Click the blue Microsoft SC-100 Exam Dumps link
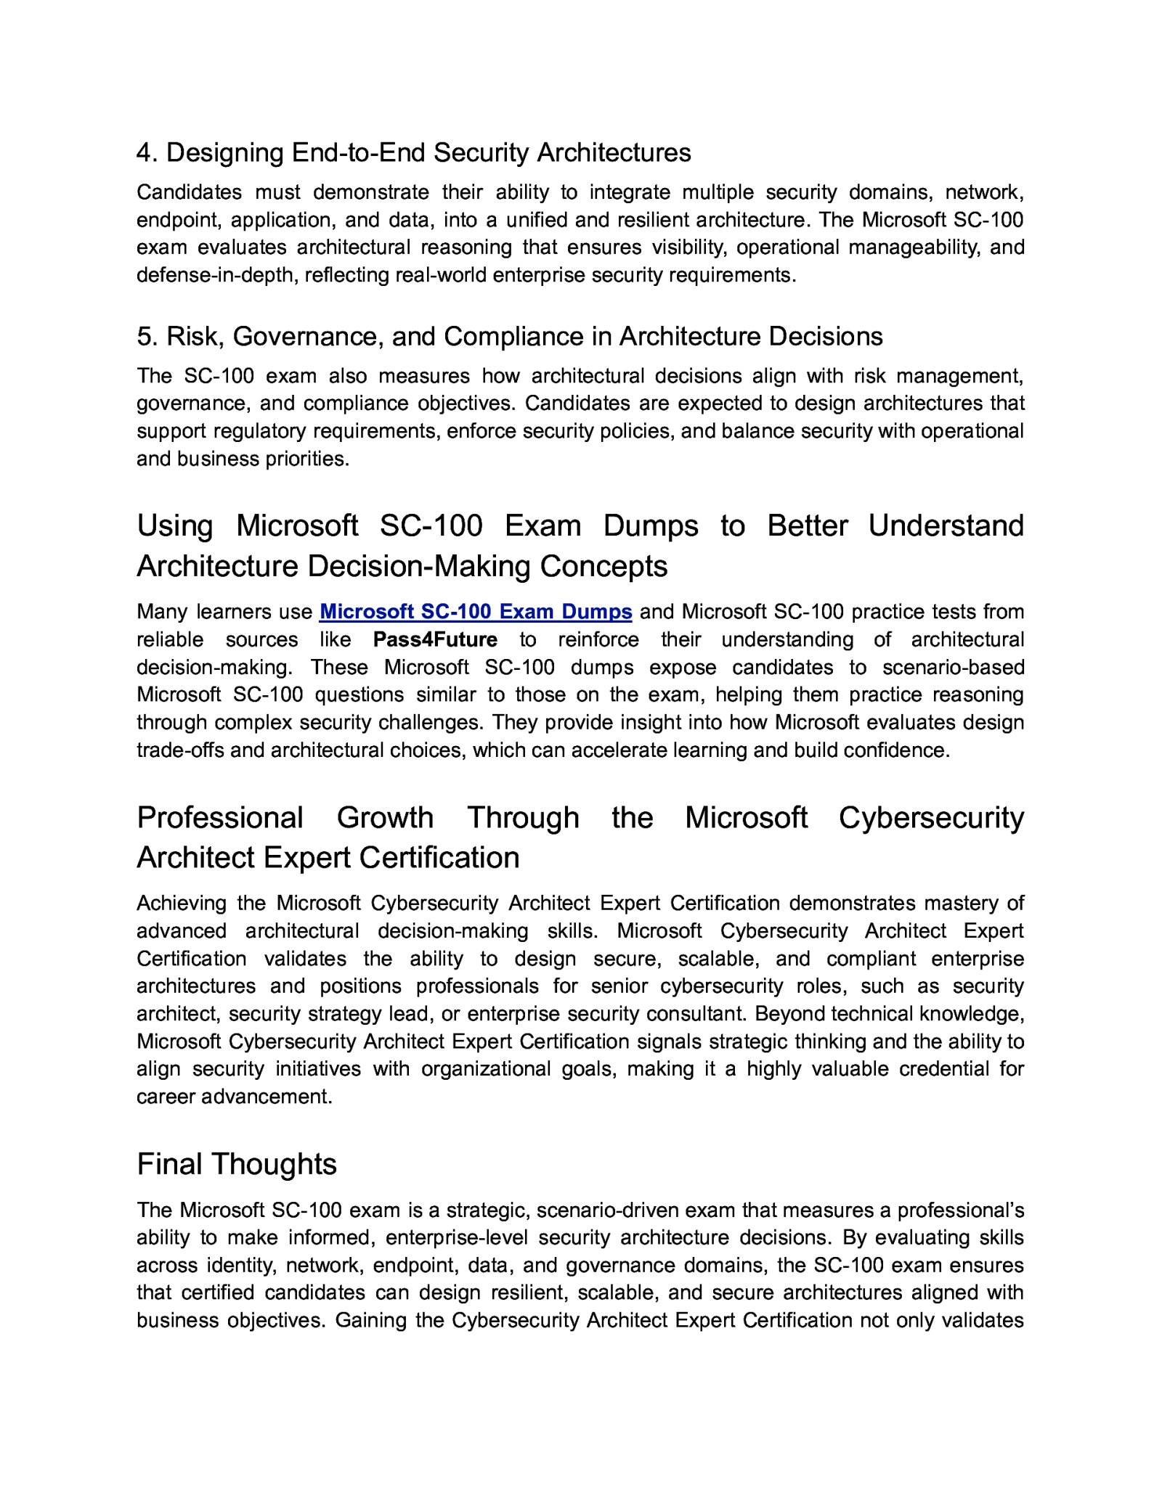tap(476, 612)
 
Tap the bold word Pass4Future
tap(435, 639)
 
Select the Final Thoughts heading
tap(237, 1163)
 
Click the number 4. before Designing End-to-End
tap(147, 153)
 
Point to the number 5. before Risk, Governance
tap(147, 337)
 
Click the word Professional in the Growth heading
tap(219, 817)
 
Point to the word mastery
tap(960, 904)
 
